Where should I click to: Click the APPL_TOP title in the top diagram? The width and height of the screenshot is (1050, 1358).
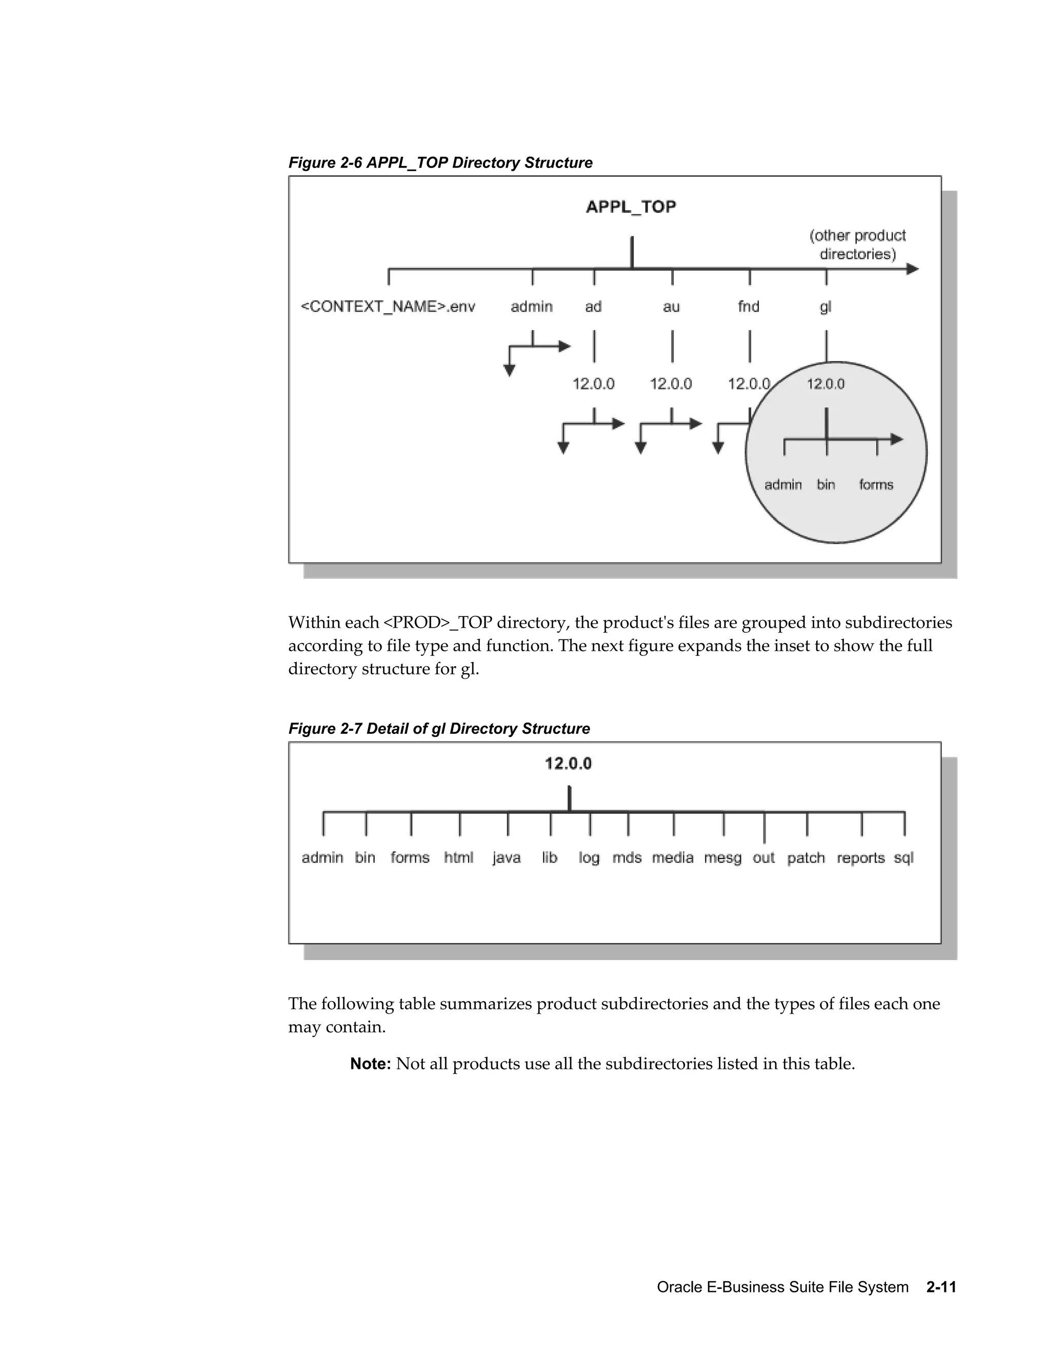click(631, 207)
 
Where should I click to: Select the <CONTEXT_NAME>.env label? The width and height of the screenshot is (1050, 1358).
click(388, 306)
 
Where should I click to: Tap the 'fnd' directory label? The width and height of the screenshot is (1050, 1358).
click(749, 306)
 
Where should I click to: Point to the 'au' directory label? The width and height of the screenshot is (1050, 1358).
click(671, 306)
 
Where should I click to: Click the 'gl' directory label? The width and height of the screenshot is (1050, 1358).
click(825, 307)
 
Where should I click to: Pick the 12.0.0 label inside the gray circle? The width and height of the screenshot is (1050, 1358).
click(825, 384)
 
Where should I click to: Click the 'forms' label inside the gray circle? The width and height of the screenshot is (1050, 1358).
click(876, 484)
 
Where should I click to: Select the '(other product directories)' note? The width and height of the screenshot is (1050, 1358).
click(857, 245)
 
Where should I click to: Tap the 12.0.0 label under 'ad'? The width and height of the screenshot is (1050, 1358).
click(593, 384)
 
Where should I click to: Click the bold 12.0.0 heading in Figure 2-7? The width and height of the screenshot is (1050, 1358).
click(568, 764)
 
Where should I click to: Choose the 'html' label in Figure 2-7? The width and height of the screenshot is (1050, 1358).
click(458, 857)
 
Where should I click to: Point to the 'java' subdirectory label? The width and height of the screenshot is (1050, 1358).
click(507, 858)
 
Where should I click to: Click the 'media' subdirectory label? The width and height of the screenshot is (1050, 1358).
click(673, 857)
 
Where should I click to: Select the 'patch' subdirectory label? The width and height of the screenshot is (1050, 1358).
click(805, 858)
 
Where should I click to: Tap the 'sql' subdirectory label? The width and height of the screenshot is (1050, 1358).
click(903, 858)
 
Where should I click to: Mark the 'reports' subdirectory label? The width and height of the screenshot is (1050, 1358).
click(860, 858)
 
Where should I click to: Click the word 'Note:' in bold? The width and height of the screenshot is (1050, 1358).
click(370, 1064)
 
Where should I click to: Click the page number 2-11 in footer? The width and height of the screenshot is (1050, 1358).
click(940, 1287)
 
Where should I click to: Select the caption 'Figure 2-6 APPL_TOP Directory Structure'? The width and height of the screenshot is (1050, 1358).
click(440, 163)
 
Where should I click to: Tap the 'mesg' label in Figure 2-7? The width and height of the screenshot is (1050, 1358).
click(722, 858)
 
